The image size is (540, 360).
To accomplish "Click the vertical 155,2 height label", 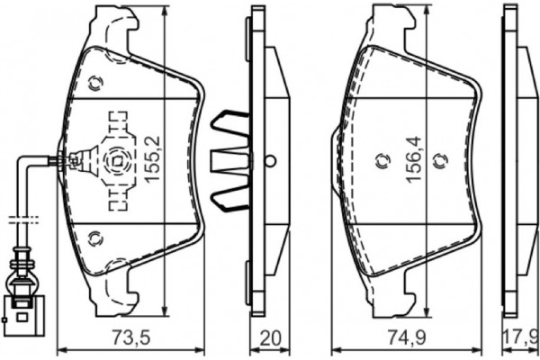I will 152,160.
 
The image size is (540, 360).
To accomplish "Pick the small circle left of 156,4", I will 379,162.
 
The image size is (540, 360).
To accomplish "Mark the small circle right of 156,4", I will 439,162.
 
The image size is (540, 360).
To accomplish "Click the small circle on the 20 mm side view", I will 271,162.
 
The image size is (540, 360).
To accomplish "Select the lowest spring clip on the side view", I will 229,200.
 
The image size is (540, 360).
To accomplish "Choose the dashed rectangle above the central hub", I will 115,124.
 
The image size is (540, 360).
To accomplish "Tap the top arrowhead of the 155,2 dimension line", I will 165,13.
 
